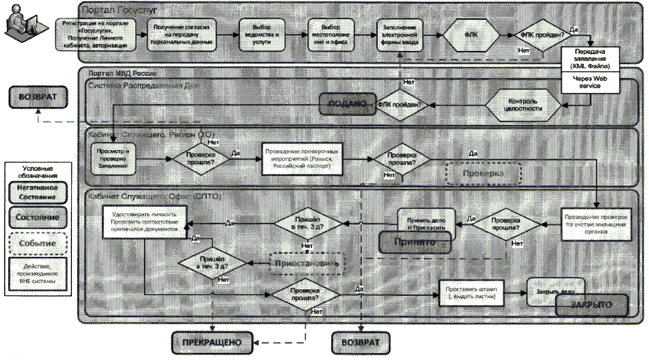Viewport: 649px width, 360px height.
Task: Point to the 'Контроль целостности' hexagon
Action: [x=523, y=104]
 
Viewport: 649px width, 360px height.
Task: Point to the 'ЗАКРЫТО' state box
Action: [x=592, y=304]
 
